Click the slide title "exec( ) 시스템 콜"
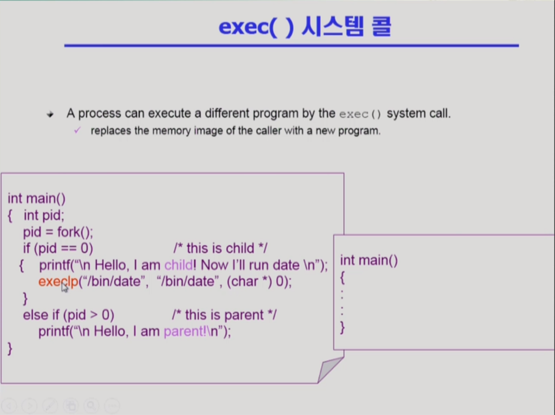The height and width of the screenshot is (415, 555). tap(305, 27)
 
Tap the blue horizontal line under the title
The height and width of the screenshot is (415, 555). tap(291, 45)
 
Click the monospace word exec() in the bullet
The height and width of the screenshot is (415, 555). tap(360, 114)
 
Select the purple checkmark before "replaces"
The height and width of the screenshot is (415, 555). tap(77, 131)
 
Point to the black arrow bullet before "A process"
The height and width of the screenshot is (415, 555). tap(50, 114)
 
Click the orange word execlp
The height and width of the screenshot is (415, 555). tap(58, 282)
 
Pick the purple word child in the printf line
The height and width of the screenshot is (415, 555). tap(179, 265)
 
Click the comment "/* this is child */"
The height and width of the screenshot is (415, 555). tap(221, 248)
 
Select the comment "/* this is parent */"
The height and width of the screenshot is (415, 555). tap(225, 315)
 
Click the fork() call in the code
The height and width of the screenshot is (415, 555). tap(75, 232)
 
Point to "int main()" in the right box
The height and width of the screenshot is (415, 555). tap(369, 261)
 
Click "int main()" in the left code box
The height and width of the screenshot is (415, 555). tap(36, 198)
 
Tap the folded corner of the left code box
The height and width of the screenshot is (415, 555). tap(330, 369)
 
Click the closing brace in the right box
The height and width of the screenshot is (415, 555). tap(342, 327)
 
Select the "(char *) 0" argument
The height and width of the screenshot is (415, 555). tap(255, 282)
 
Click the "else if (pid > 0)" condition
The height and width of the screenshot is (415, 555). tap(69, 315)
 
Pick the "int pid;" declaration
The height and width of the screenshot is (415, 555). tap(44, 215)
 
